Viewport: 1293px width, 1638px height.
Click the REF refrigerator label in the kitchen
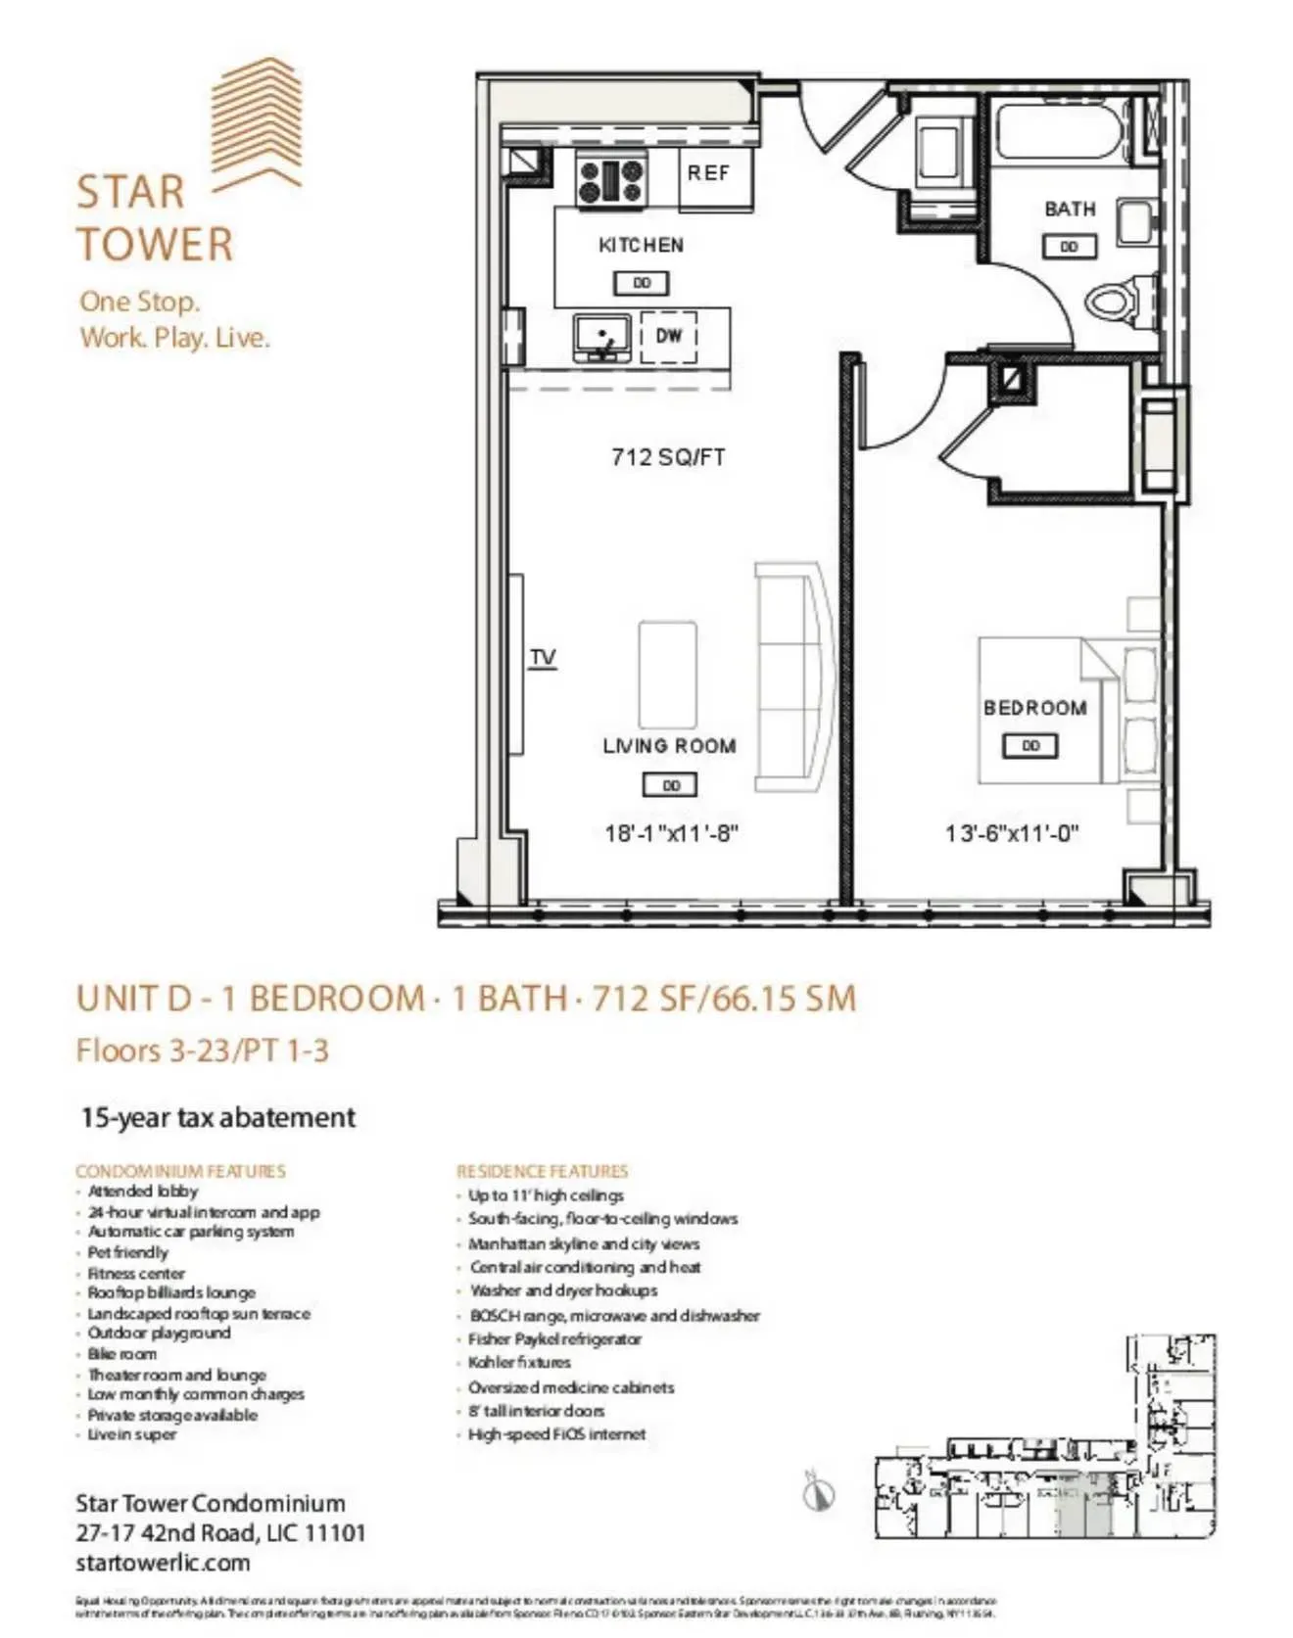(x=708, y=173)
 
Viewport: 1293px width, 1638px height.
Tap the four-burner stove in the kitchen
(x=612, y=181)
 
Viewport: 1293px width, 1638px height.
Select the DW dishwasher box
(x=669, y=336)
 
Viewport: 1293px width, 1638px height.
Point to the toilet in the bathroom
(x=1118, y=299)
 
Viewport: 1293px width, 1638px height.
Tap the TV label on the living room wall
(x=543, y=657)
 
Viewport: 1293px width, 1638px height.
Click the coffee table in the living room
(x=668, y=673)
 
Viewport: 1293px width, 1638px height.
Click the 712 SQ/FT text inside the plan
(x=668, y=457)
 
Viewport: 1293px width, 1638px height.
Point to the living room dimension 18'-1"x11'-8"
(x=671, y=833)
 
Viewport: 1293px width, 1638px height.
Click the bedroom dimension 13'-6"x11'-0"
(x=1012, y=833)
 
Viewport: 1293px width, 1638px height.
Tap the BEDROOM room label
(x=1034, y=708)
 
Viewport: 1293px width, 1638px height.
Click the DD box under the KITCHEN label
(x=642, y=283)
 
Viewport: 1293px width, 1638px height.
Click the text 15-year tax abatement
(x=218, y=1117)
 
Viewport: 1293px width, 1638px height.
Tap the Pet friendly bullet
(x=128, y=1252)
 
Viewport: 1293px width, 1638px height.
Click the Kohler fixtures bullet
(x=519, y=1362)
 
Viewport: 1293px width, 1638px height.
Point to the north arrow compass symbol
(x=819, y=1492)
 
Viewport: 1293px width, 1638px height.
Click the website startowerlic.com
(x=163, y=1563)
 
